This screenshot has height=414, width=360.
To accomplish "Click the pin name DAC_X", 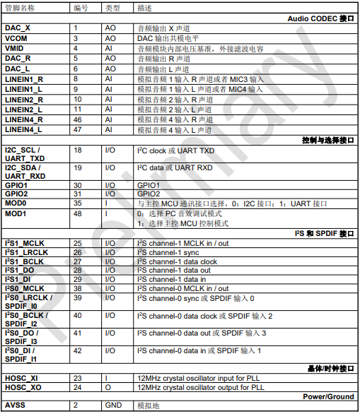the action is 18,26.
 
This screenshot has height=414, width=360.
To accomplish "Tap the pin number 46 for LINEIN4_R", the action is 78,119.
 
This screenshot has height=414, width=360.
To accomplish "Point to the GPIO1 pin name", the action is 17,184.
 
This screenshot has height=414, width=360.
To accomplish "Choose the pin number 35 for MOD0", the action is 78,203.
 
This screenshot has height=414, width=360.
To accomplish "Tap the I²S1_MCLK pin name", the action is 25,243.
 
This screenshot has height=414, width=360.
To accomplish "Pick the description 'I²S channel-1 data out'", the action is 173,271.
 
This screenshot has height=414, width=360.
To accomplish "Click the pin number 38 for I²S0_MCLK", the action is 78,288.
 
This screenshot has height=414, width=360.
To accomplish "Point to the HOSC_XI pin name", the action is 21,378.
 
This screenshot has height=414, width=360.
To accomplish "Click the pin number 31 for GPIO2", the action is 78,193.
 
